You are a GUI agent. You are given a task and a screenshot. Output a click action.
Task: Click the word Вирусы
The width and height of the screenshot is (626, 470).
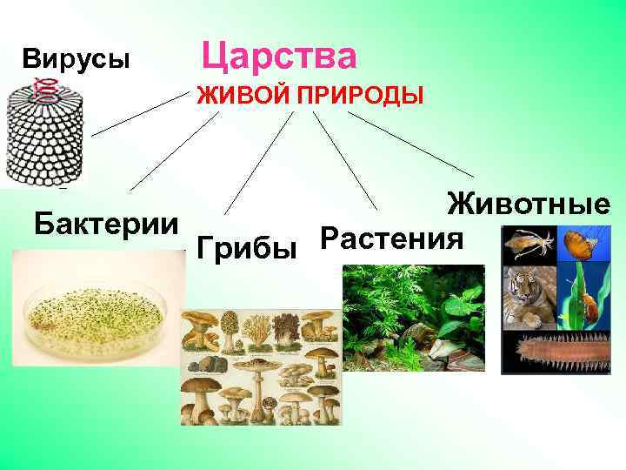tap(77, 60)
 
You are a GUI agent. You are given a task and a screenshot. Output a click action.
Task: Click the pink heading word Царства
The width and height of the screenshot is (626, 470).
tap(279, 57)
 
